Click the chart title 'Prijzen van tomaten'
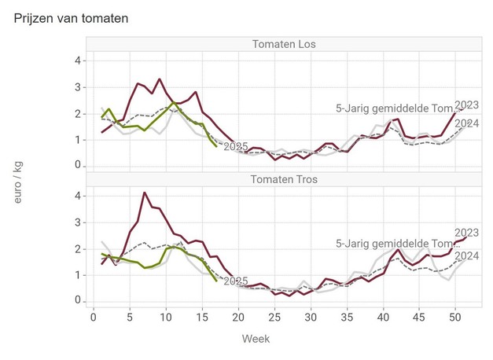coord(72,17)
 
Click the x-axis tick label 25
coord(274,316)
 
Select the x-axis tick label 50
coord(454,316)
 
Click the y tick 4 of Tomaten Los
coord(78,61)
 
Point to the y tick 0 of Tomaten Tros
coord(78,301)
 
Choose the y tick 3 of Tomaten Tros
coord(78,222)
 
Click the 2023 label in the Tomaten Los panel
coord(467,105)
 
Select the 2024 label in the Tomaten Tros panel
coord(467,256)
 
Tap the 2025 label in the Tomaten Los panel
coord(236,146)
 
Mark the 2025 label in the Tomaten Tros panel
coord(236,281)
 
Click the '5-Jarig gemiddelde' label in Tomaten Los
coord(393,109)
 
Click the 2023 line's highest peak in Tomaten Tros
coord(144,193)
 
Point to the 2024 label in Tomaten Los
coord(467,122)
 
